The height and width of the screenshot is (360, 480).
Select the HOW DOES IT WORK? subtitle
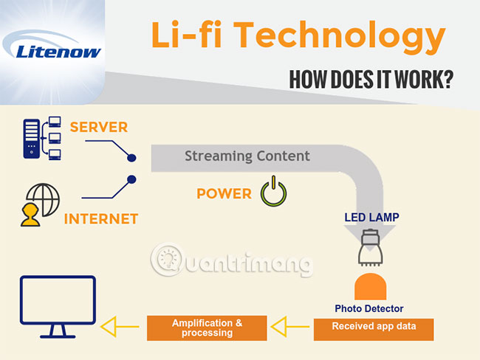[x=371, y=79]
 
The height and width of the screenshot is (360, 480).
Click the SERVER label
[x=98, y=128]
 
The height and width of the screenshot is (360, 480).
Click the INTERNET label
[x=101, y=219]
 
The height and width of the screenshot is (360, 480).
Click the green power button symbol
[x=272, y=193]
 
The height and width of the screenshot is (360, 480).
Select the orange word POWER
[x=224, y=194]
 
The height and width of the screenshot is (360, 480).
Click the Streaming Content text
[x=247, y=156]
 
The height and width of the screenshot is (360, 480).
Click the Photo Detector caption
[x=369, y=308]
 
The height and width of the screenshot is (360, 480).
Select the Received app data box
[x=374, y=325]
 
